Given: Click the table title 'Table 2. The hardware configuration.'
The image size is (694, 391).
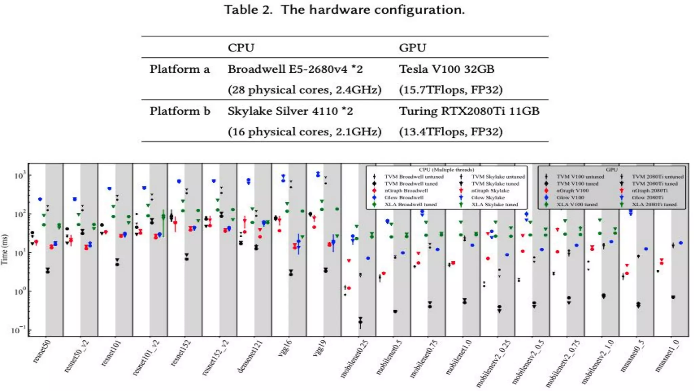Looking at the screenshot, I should coord(344,10).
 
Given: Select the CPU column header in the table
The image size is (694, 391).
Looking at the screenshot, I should coord(241,48).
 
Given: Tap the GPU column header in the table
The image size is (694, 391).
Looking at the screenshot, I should coord(412,48).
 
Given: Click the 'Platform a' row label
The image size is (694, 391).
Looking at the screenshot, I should coord(180,69).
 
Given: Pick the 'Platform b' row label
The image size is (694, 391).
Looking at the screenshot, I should coord(180,111).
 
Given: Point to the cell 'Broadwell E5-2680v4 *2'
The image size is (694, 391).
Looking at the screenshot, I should coord(295,69).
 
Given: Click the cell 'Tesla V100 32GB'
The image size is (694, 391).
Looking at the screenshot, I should coord(446,69).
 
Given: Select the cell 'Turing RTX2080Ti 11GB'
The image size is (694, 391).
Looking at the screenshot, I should coord(469,111).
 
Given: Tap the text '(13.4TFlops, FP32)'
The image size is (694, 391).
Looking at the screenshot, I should coord(451,132).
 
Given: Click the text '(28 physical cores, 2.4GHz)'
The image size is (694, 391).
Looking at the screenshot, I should coord(304,90).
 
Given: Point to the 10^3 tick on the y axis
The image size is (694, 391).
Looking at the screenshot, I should coord(20,175).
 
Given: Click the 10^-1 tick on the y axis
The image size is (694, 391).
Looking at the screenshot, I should coord(19,330).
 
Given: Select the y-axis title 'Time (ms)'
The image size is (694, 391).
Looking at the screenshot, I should coord(4,249).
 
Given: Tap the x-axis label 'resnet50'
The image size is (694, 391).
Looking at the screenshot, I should coord(42,352).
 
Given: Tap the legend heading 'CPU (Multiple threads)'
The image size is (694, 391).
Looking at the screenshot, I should coord(446,170).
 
